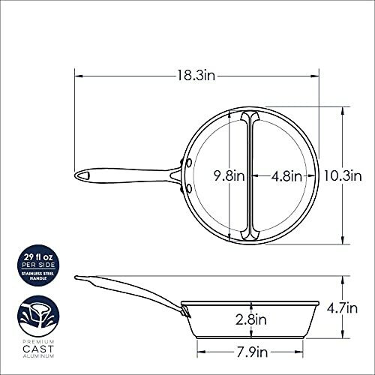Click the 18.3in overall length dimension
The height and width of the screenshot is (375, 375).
196,75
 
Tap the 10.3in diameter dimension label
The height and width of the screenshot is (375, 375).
343,175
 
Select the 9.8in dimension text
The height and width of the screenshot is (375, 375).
229,176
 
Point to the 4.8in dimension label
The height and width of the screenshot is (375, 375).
287,176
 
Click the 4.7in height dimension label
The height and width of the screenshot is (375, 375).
342,308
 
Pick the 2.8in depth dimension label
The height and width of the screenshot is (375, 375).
251,319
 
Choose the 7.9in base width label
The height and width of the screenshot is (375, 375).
252,352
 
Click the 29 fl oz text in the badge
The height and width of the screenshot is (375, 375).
38,257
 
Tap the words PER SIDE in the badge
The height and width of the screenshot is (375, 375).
38,265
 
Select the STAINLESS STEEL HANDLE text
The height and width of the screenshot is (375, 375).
38,276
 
